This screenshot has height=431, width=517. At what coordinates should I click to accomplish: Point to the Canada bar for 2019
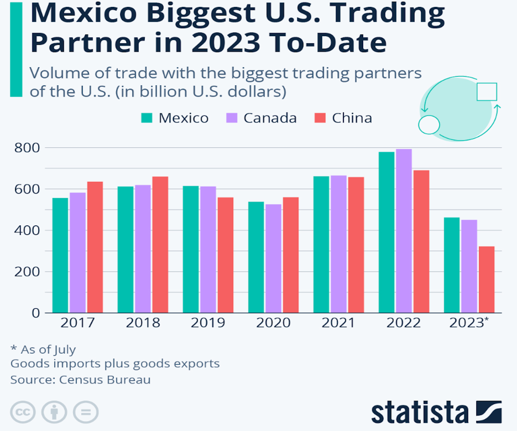[x=208, y=250]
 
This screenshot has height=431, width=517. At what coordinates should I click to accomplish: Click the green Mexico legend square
[x=147, y=118]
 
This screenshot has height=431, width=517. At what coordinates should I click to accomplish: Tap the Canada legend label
[x=270, y=118]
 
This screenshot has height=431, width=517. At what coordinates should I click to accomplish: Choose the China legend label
[x=352, y=118]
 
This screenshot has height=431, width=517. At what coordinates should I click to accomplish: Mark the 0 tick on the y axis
[x=35, y=313]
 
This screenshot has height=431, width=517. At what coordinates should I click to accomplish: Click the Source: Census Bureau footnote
[x=81, y=380]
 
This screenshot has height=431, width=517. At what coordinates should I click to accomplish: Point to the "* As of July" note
[x=43, y=349]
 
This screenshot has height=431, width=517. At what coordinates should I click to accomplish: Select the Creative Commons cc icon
[x=22, y=412]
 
